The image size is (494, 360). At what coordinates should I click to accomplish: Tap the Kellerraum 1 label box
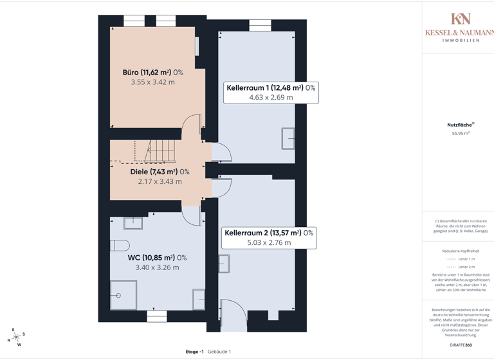(x=270, y=93)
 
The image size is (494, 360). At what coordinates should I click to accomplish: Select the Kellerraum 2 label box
(x=269, y=238)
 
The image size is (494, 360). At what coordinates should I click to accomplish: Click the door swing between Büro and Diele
(x=192, y=125)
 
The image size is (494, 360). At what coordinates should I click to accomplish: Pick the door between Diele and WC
(x=192, y=215)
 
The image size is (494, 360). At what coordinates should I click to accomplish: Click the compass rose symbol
(x=15, y=336)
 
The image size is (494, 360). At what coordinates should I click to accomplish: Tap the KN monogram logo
(x=461, y=19)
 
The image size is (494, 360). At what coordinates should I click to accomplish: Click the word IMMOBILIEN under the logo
(x=461, y=40)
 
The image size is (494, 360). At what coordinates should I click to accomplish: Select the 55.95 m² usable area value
(x=461, y=134)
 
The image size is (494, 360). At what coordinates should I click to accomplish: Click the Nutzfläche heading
(x=460, y=125)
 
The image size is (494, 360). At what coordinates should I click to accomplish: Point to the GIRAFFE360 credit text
(x=461, y=345)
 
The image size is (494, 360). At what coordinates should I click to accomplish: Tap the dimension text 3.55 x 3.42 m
(x=152, y=82)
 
